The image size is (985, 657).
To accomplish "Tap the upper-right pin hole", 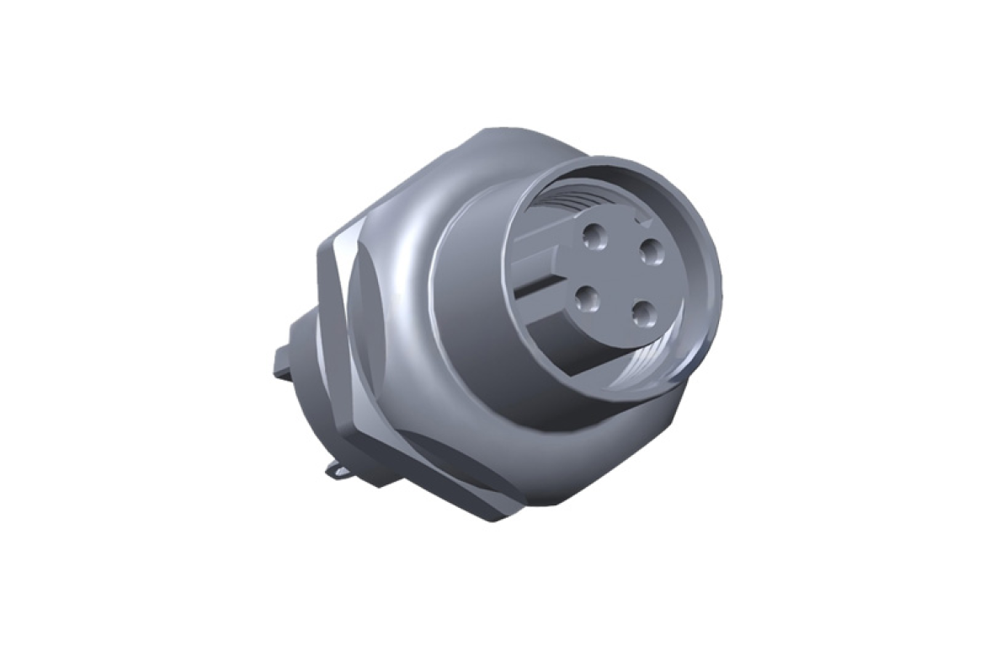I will pos(648,250).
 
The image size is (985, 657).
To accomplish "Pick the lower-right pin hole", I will pos(644,315).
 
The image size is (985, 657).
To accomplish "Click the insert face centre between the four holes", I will pos(619,276).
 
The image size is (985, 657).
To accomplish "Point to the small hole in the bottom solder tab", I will pos(339,473).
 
